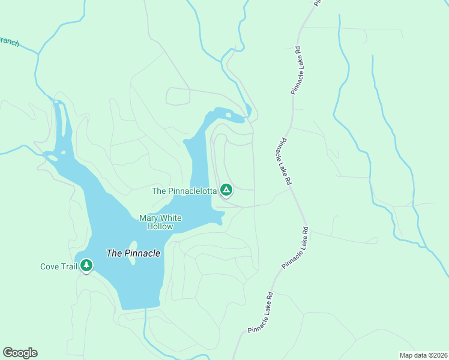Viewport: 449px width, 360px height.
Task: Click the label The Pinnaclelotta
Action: [x=184, y=191]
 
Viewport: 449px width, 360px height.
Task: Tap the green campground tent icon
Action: [x=226, y=190]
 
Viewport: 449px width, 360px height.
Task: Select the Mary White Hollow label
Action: [x=160, y=222]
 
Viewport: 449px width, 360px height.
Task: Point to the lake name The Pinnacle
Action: [x=133, y=253]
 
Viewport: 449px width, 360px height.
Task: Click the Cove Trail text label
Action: [x=58, y=266]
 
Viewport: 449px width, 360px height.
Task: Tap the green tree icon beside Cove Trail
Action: [x=86, y=265]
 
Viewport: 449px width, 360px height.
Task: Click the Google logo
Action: [x=20, y=353]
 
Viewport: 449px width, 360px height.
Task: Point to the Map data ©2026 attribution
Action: [x=423, y=355]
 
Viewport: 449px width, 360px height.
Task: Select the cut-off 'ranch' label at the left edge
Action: [x=10, y=43]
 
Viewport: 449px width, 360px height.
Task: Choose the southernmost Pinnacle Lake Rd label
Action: [x=261, y=313]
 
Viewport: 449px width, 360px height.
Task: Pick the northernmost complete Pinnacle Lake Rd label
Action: [x=295, y=70]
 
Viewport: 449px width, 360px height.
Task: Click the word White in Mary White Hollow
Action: [x=170, y=218]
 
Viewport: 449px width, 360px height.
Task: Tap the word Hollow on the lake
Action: [x=160, y=226]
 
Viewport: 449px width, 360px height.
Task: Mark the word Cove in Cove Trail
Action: [x=50, y=266]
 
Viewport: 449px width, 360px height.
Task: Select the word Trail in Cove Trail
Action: [x=68, y=266]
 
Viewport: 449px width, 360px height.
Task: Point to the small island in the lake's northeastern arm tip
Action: [x=228, y=115]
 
